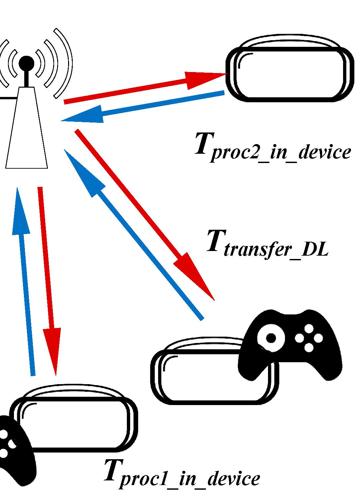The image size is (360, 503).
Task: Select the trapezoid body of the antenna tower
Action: [27, 133]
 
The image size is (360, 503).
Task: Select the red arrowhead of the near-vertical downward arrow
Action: [52, 349]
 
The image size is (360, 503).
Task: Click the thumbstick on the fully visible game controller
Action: [271, 338]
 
